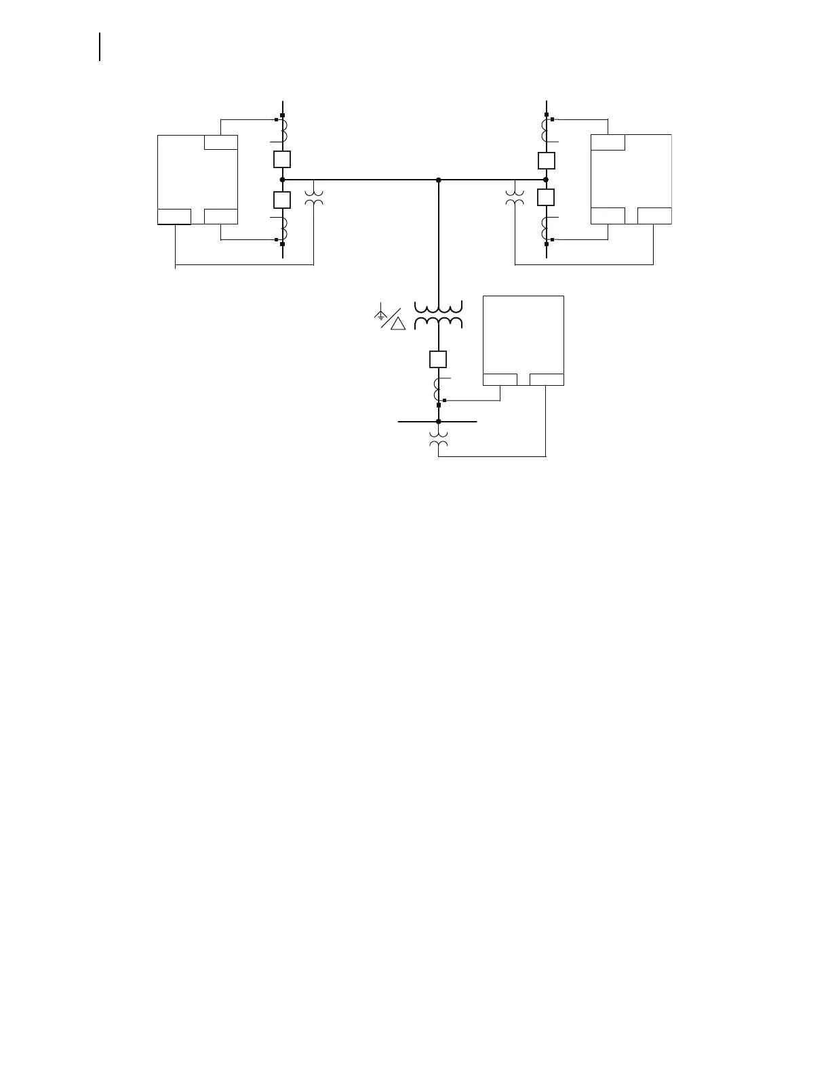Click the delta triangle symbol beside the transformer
398,323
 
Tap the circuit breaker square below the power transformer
438,359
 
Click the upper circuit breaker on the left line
282,159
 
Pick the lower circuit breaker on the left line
282,200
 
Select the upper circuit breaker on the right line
546,161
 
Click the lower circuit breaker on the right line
546,197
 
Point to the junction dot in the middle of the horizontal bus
439,180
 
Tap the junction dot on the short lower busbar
439,421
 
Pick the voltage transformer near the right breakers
515,197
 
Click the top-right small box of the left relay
221,142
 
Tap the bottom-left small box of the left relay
174,217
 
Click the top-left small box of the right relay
608,142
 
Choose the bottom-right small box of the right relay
654,216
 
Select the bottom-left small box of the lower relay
500,380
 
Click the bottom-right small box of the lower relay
547,380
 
